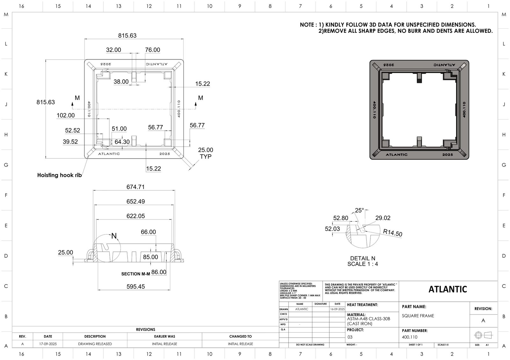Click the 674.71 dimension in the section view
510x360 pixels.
(x=135, y=187)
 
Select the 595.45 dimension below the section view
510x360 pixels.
(x=135, y=287)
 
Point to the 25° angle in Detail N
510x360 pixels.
(x=359, y=211)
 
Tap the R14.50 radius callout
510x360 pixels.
(x=393, y=233)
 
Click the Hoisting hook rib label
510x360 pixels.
(x=59, y=175)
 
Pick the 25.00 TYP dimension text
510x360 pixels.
(x=206, y=153)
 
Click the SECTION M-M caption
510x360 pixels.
(x=135, y=274)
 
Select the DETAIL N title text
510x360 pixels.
(x=363, y=258)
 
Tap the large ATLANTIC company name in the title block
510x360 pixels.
(x=448, y=289)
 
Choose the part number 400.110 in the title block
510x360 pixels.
(x=410, y=337)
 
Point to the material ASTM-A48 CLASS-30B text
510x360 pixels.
(x=368, y=319)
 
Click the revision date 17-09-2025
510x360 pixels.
(x=48, y=344)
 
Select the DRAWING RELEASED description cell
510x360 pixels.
(x=95, y=344)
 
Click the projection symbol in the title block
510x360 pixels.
(x=483, y=335)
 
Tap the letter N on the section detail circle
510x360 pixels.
(x=114, y=236)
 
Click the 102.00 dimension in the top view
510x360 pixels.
(x=66, y=115)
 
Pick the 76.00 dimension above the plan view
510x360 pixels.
(x=152, y=50)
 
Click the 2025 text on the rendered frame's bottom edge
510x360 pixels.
(x=447, y=155)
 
